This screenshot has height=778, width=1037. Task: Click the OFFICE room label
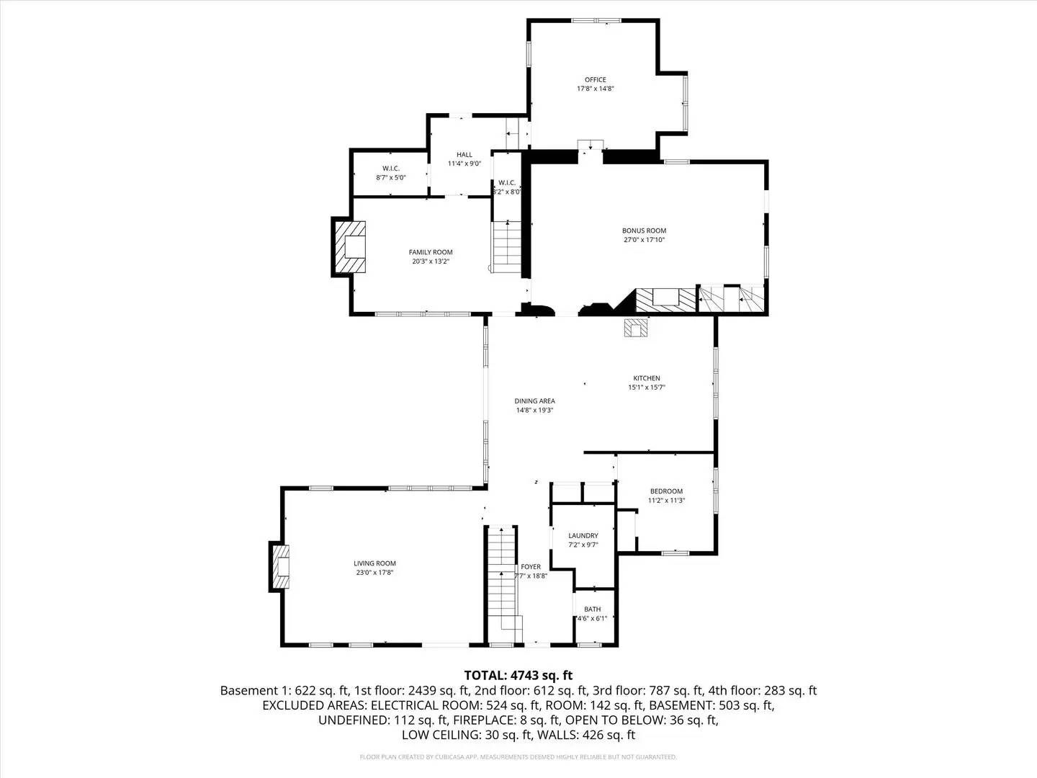(595, 80)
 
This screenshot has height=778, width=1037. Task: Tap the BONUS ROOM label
(644, 231)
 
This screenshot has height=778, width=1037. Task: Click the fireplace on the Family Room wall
(350, 247)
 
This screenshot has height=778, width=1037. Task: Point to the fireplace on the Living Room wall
(281, 566)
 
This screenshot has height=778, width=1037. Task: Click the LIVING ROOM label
(374, 563)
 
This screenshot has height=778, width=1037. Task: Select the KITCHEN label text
(646, 378)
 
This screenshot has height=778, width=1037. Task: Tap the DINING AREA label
(534, 401)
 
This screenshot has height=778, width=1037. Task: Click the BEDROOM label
(665, 491)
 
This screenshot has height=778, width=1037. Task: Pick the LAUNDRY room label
(583, 535)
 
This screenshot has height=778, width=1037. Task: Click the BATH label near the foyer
(592, 609)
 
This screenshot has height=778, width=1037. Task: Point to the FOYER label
(531, 567)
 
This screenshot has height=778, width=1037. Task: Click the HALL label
(464, 154)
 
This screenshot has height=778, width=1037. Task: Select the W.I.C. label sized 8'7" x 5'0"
(390, 176)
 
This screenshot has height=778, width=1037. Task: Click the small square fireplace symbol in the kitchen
(637, 328)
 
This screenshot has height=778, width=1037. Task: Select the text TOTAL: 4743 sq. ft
(518, 675)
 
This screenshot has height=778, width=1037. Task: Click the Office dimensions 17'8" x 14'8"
(595, 89)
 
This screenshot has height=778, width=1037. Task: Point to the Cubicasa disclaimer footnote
(518, 757)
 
